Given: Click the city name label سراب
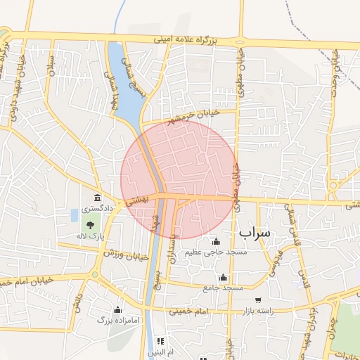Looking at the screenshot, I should [255, 231].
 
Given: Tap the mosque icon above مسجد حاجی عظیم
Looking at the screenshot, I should [215, 242].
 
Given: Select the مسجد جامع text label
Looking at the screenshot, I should [224, 288].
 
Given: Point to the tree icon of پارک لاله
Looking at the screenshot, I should [90, 225].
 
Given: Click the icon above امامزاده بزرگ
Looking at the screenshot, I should [117, 309].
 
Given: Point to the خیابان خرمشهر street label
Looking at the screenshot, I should [191, 115].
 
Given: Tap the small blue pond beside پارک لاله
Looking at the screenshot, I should [75, 214].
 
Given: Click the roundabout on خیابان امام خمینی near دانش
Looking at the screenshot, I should [94, 275].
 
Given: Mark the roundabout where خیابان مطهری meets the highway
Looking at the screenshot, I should [241, 39].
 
